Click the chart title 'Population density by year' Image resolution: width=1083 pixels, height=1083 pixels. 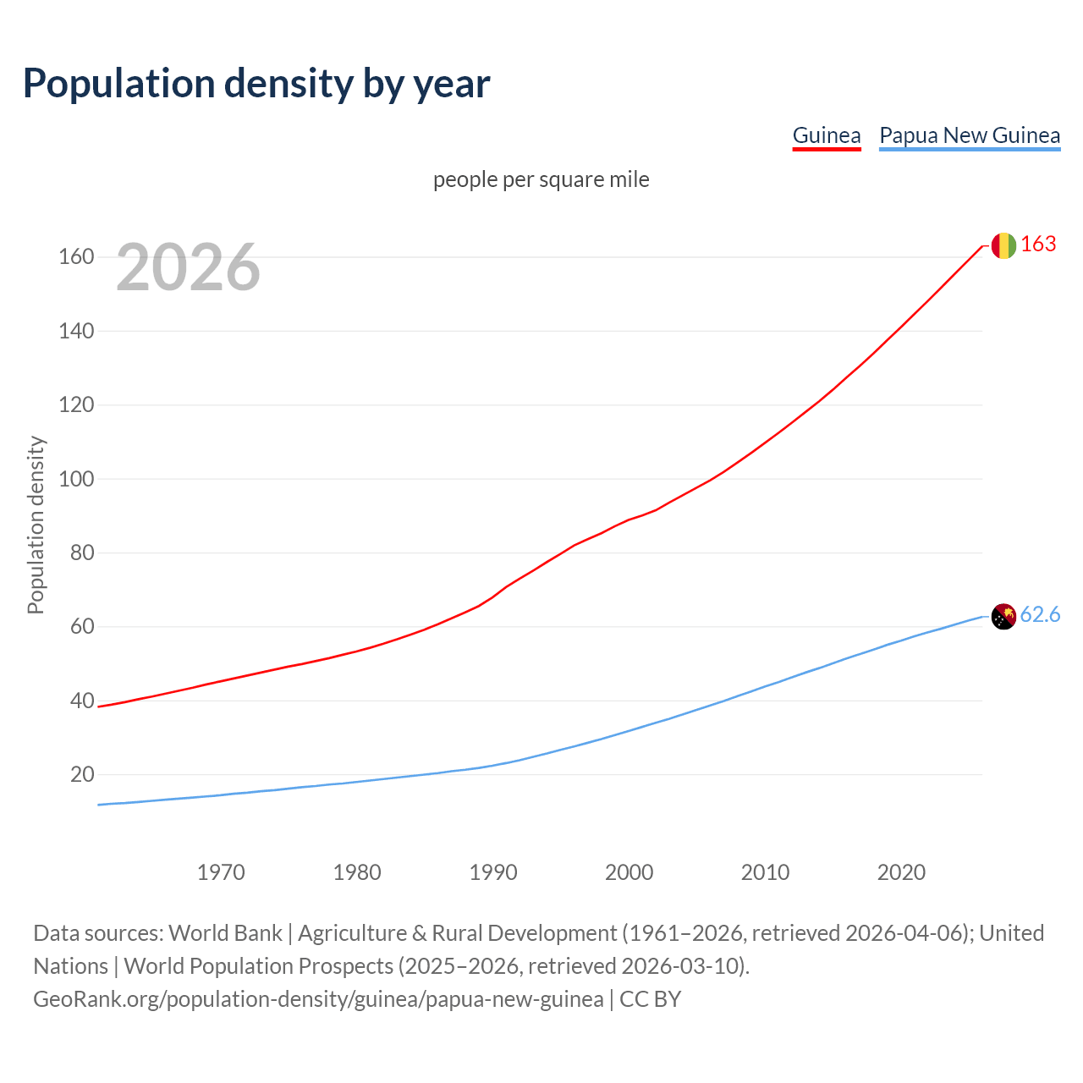(256, 83)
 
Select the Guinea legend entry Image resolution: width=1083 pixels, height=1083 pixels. (826, 135)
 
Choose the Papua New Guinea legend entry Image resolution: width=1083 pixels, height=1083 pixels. (970, 135)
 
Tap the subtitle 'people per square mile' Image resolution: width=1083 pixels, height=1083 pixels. (541, 179)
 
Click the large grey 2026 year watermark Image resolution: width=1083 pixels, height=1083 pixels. (188, 267)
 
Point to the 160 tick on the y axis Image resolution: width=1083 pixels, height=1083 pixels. (76, 256)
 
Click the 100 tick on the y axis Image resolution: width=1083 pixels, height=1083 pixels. (76, 479)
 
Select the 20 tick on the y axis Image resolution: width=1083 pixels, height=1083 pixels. (82, 774)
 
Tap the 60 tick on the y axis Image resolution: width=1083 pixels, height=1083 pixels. (82, 627)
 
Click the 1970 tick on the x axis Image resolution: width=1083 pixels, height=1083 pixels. (221, 871)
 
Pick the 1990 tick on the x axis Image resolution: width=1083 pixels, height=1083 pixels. (493, 871)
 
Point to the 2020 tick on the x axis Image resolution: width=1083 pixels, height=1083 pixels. (901, 871)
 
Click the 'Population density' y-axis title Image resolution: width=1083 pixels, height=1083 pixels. (36, 525)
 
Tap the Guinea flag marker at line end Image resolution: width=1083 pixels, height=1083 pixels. (1003, 245)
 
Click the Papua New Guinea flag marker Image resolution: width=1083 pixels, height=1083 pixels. (1003, 617)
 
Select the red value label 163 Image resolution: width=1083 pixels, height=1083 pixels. (1038, 245)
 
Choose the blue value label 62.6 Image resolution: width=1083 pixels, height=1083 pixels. (1040, 615)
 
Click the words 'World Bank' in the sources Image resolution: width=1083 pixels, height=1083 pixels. (225, 932)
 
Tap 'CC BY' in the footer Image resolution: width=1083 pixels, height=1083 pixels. (650, 998)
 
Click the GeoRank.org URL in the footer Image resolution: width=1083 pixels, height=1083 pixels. (318, 998)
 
